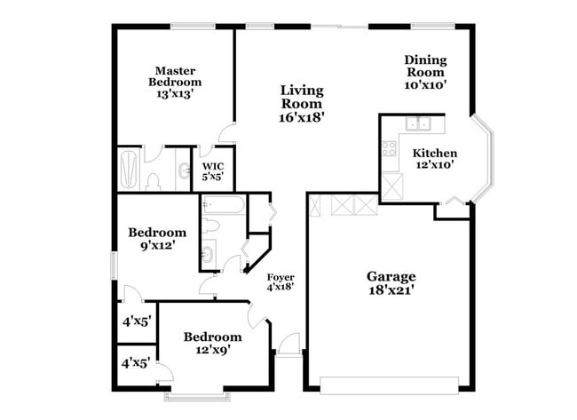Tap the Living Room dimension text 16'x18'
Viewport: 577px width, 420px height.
point(302,115)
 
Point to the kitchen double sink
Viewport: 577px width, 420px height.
point(418,124)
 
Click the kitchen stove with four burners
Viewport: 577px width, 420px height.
point(389,148)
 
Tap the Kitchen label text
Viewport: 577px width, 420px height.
point(435,153)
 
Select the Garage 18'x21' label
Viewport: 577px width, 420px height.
point(391,282)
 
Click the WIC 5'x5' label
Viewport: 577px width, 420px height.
point(212,171)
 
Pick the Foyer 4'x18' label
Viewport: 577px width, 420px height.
point(281,282)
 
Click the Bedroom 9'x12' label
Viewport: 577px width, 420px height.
point(157,239)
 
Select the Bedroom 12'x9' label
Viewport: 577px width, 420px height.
point(212,344)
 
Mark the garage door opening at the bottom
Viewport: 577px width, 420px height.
point(389,384)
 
